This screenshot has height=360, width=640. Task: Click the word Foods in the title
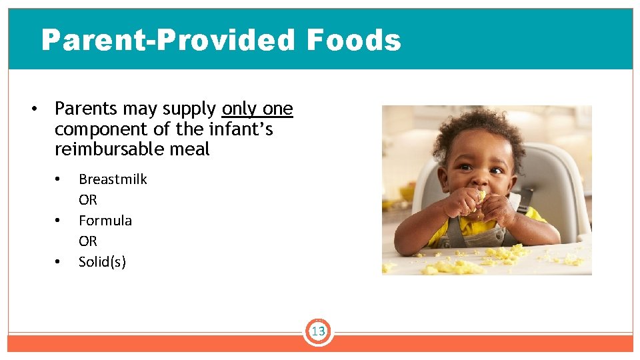(353, 40)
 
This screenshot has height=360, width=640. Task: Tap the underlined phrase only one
(257, 109)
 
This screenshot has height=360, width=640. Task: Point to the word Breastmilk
(113, 179)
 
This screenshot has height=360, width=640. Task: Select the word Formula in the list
(105, 221)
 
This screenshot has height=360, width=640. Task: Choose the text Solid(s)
(102, 262)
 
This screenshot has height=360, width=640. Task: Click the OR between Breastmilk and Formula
(88, 200)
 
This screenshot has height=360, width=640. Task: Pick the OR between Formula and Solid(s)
(88, 241)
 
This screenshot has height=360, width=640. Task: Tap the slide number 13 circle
(318, 331)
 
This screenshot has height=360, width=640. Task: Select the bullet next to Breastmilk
(59, 179)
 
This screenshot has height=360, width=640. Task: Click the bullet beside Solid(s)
(59, 262)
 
